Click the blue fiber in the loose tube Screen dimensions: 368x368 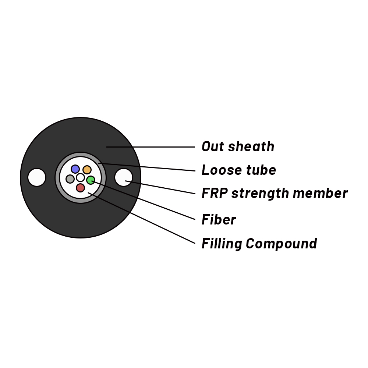[x=75, y=169]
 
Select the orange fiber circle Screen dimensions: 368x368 [x=87, y=170]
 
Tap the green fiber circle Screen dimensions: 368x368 [x=91, y=180]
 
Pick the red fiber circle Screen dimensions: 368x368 [x=80, y=188]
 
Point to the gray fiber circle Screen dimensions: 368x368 [x=70, y=179]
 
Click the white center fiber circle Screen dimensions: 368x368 [x=80, y=177]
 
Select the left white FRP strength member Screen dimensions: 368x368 [x=36, y=177]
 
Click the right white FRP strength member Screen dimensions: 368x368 [x=124, y=177]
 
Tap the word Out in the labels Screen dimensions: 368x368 [x=212, y=146]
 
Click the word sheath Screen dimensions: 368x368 [x=251, y=146]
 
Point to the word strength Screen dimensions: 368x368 [x=260, y=194]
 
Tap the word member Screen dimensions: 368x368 [x=321, y=193]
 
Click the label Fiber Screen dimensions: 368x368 [x=219, y=219]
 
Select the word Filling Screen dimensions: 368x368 [x=222, y=244]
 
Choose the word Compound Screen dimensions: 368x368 [x=282, y=244]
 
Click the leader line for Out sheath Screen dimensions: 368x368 [x=151, y=147]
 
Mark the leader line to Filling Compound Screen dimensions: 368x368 [x=142, y=218]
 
